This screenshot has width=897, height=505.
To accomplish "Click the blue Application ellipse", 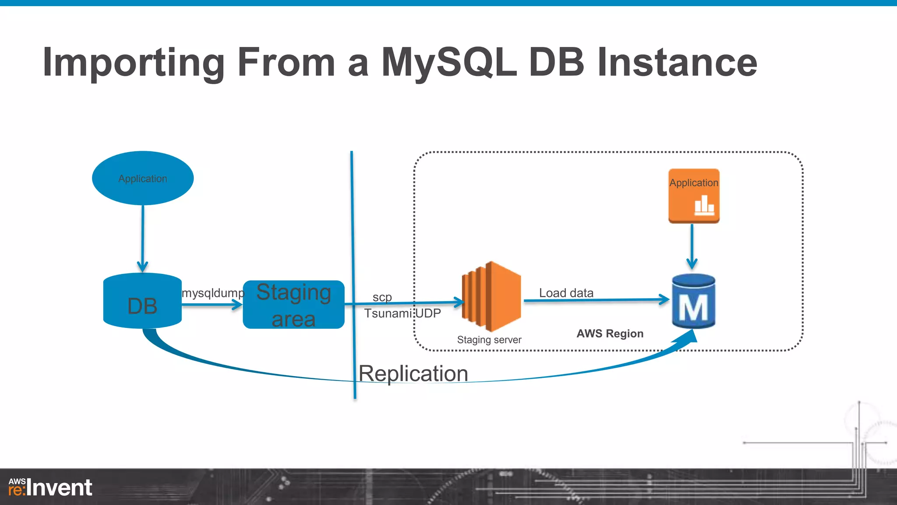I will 143,178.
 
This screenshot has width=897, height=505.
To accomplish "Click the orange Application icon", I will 694,196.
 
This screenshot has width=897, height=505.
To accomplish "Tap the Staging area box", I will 293,305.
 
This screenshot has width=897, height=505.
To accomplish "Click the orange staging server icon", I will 491,296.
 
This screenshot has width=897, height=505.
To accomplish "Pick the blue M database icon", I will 693,302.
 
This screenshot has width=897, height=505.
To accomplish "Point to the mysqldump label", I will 213,293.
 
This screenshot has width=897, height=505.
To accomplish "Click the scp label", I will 382,297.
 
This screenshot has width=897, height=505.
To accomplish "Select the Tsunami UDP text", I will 403,313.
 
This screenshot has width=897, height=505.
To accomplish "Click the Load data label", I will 566,293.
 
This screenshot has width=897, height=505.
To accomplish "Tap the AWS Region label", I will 610,334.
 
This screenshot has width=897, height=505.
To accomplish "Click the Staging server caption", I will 489,340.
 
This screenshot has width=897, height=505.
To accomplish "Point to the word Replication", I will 413,374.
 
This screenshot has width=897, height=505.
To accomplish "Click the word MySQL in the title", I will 448,62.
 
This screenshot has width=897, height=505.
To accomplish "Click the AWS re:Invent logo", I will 50,487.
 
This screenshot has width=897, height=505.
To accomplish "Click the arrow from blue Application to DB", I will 143,237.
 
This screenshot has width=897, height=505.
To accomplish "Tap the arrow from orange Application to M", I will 692,245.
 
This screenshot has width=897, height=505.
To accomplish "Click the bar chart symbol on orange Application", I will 704,205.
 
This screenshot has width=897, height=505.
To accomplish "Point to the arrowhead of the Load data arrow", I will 664,300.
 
